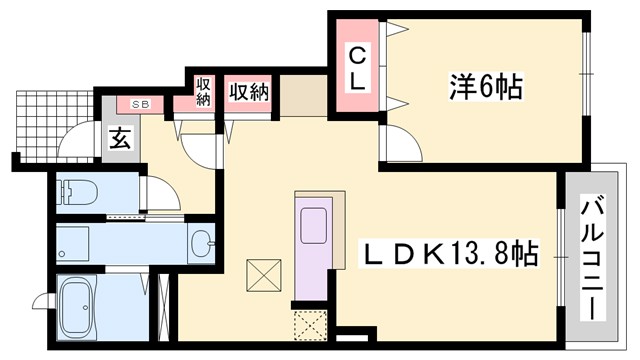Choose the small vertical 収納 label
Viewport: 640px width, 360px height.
tap(203, 91)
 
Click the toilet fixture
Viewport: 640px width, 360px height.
tap(75, 190)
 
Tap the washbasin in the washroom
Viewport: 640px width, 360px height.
tap(202, 240)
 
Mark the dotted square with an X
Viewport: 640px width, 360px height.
tap(311, 325)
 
